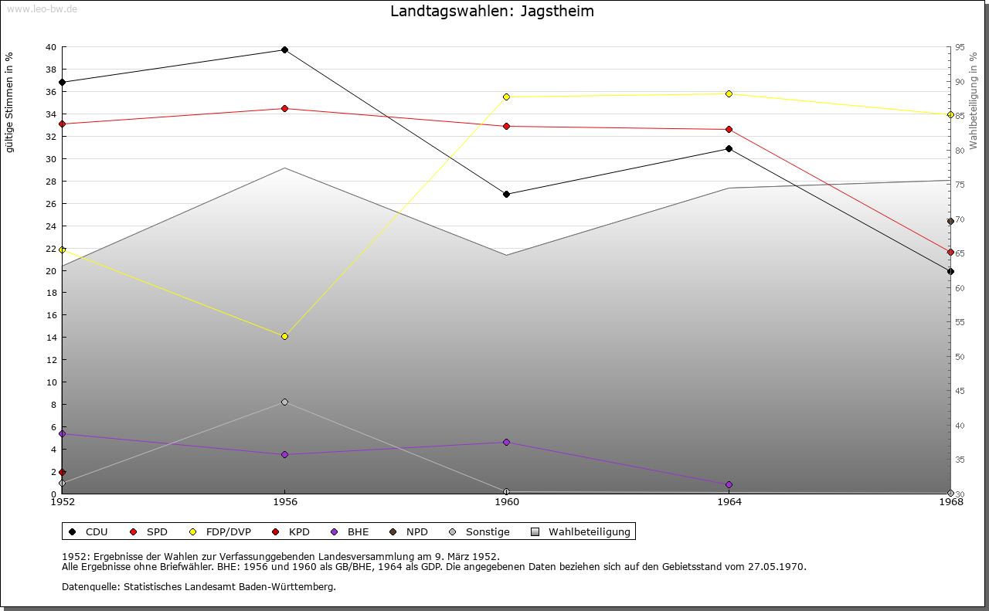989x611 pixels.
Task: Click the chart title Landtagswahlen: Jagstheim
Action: (492, 12)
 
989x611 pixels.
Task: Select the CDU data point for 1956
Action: (284, 50)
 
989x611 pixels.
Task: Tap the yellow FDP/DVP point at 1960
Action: (506, 97)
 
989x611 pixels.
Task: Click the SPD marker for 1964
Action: (729, 130)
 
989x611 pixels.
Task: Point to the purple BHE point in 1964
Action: (729, 485)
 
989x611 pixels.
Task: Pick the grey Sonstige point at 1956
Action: (284, 402)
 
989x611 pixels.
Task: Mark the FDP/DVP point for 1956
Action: (284, 337)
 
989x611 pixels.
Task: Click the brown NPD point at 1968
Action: (950, 222)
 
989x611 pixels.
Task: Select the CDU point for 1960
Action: (506, 195)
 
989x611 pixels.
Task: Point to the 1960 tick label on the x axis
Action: (506, 502)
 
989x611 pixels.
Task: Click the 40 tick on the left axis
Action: (50, 47)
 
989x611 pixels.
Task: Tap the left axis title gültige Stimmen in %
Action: (10, 103)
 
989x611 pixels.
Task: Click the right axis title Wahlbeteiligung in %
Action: (974, 101)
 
